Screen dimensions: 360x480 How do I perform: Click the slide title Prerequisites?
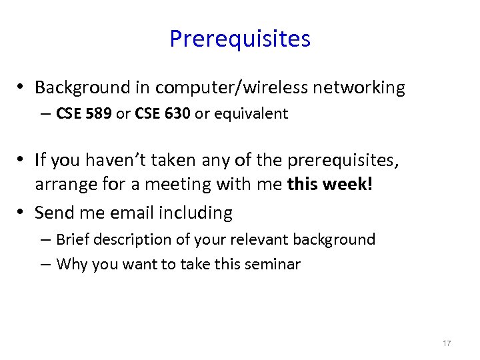(240, 39)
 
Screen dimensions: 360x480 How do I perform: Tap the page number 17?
(447, 343)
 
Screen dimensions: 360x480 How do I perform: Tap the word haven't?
(120, 159)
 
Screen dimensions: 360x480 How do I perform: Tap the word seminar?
(273, 264)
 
